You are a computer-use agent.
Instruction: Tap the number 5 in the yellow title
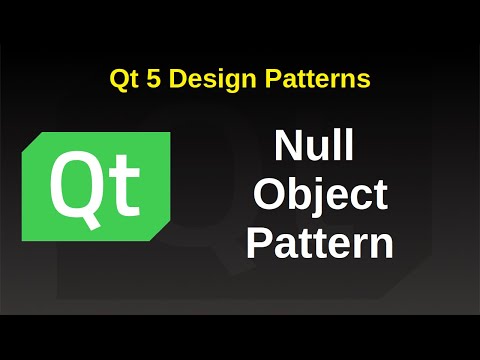pyautogui.click(x=150, y=78)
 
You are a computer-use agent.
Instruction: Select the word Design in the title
pyautogui.click(x=204, y=79)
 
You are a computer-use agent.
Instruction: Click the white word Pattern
pyautogui.click(x=319, y=243)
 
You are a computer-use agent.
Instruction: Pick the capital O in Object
pyautogui.click(x=269, y=196)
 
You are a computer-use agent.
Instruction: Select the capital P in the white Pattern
pyautogui.click(x=260, y=243)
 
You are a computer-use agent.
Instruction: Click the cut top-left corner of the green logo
pyautogui.click(x=30, y=139)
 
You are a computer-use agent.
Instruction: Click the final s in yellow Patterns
pyautogui.click(x=365, y=80)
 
